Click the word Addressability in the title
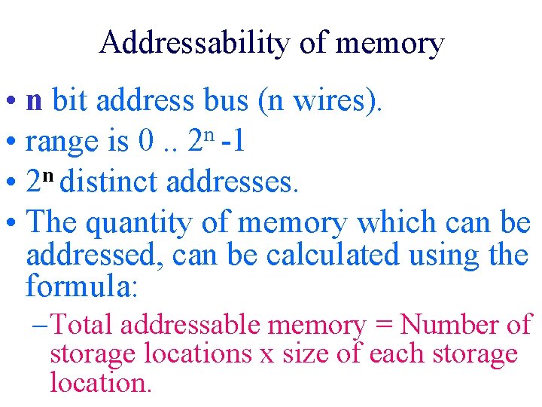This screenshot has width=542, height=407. pyautogui.click(x=194, y=43)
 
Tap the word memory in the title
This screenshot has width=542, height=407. pyautogui.click(x=389, y=43)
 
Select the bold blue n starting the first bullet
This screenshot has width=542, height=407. pyautogui.click(x=34, y=101)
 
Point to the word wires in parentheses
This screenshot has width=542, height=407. pyautogui.click(x=332, y=100)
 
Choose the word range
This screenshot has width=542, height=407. pyautogui.click(x=62, y=142)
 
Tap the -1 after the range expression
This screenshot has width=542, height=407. pyautogui.click(x=232, y=141)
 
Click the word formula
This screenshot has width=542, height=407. pyautogui.click(x=81, y=286)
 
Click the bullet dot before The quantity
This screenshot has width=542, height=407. pyautogui.click(x=13, y=224)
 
